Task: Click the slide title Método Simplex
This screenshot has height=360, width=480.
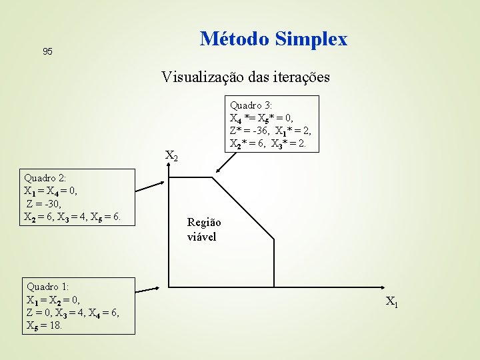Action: [273, 39]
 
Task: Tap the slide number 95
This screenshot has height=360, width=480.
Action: [47, 51]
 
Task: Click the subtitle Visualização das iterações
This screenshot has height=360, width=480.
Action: [245, 77]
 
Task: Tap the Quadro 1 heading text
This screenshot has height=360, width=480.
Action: [47, 287]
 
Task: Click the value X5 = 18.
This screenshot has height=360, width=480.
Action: [44, 325]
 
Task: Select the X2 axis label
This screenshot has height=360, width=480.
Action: [171, 157]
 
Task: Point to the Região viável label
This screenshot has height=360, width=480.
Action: [204, 229]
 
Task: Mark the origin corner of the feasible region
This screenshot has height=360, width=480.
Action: [169, 287]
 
